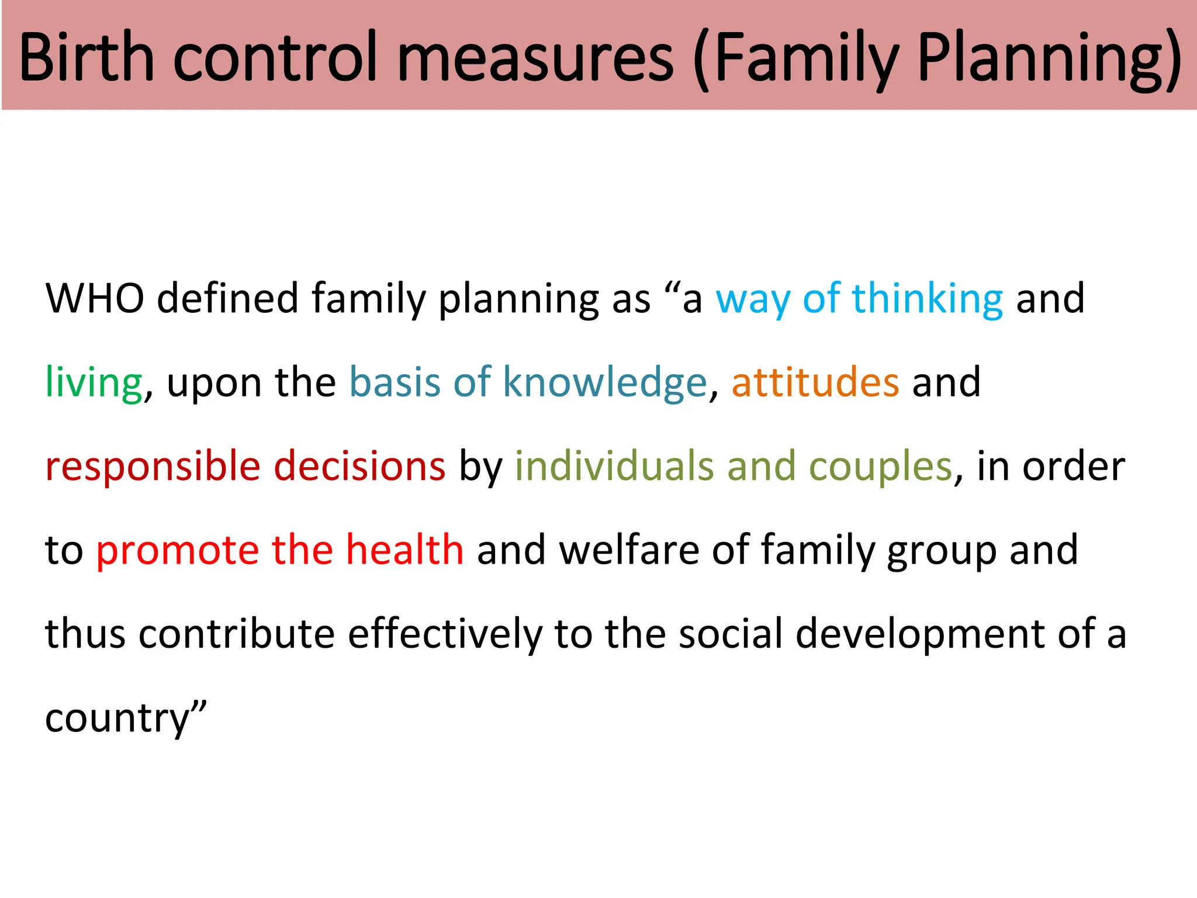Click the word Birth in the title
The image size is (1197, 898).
tap(87, 57)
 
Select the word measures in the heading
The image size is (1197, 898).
tap(535, 57)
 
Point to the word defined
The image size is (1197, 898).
tap(228, 298)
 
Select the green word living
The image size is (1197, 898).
tap(94, 382)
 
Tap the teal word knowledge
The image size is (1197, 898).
tap(605, 382)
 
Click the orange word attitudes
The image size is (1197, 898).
tap(815, 382)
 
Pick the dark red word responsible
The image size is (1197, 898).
tap(153, 467)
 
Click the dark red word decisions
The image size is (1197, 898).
tap(359, 467)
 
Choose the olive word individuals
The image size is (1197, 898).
tap(614, 467)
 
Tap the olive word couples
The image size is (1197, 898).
tap(881, 467)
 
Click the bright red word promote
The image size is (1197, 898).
tap(178, 551)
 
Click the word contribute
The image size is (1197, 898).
tap(236, 634)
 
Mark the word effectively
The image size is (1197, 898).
tap(445, 634)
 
